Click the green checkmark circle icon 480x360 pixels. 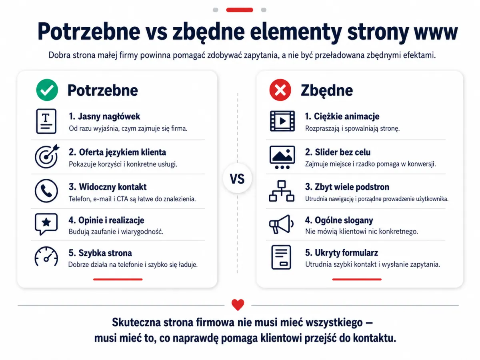point(47,90)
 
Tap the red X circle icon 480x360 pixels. point(280,90)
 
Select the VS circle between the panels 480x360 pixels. point(237,178)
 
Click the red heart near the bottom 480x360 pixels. point(238,304)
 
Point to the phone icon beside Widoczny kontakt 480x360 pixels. point(46,191)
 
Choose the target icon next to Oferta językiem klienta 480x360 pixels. point(47,156)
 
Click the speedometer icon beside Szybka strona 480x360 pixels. point(46,256)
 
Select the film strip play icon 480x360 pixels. point(282,121)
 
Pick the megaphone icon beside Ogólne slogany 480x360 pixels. point(281,224)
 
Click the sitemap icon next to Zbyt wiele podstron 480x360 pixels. point(282,191)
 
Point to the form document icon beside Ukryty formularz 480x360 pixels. point(281,257)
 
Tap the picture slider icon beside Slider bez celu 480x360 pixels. point(282,157)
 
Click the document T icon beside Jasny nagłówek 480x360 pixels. point(46,121)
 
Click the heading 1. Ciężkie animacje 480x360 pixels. point(342,116)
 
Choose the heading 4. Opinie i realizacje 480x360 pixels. point(106,220)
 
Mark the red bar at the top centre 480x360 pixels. point(240,10)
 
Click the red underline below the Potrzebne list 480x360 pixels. point(118,279)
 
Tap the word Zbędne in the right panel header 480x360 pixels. point(327,90)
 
